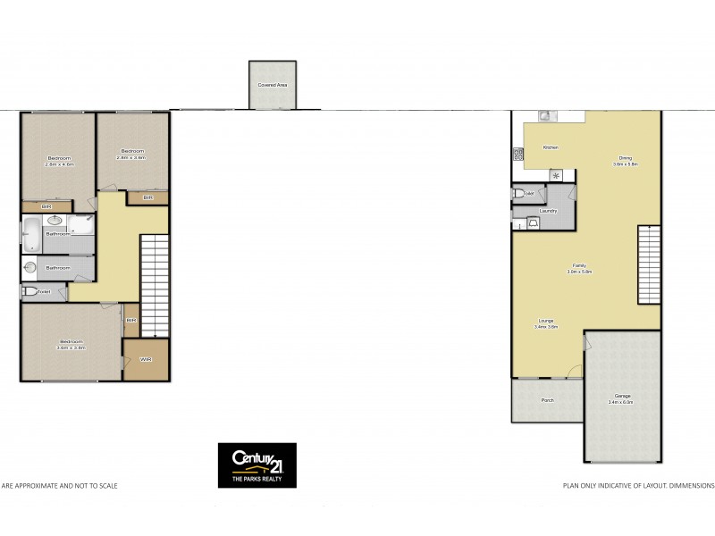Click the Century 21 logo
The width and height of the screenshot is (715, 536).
(x=257, y=465)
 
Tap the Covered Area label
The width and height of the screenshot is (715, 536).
(x=273, y=85)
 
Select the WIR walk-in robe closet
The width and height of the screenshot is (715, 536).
(x=146, y=359)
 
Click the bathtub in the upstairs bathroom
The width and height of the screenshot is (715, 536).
(x=30, y=234)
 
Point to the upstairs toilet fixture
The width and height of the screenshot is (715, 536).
(x=29, y=292)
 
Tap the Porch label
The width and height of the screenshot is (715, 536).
(x=548, y=400)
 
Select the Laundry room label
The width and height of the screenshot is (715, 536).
(x=548, y=211)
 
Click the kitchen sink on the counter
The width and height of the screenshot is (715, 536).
(x=543, y=116)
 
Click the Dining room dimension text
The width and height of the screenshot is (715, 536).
(x=625, y=163)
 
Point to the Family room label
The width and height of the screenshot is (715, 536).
(x=579, y=266)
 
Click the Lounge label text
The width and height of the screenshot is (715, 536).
(x=545, y=322)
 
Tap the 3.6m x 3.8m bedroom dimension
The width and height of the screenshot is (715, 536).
(x=71, y=348)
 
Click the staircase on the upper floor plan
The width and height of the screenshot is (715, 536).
(x=155, y=282)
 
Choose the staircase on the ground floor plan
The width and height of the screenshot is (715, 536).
(x=649, y=264)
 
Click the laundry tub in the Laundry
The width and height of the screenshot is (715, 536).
(x=534, y=222)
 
